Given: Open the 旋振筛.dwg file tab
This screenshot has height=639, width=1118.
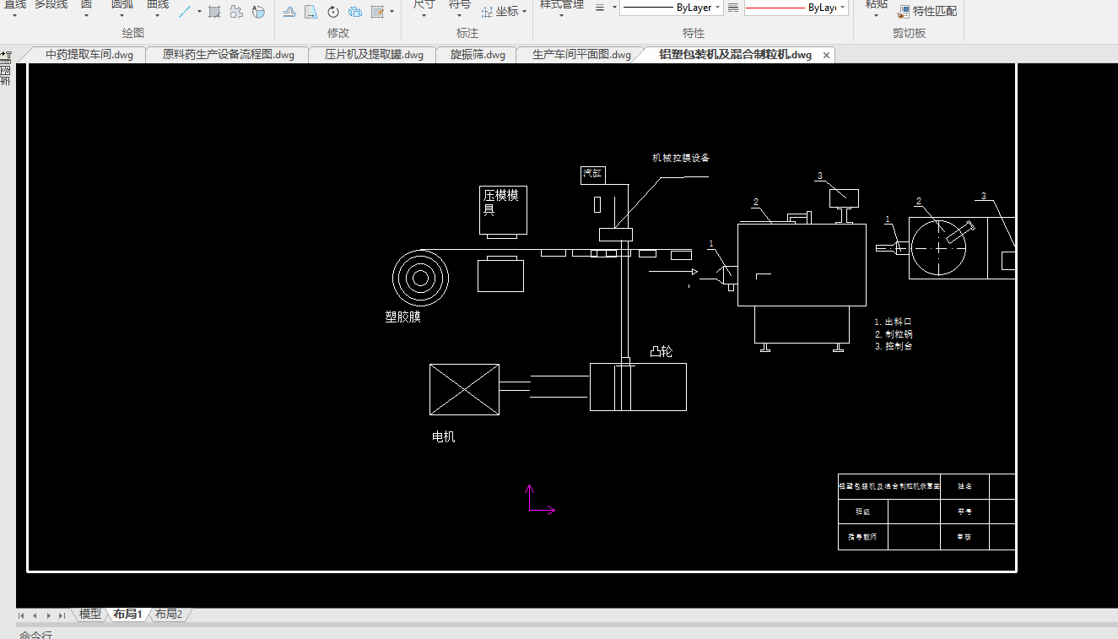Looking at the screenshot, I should coord(478,55).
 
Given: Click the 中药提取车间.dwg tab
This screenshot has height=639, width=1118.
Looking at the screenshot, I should coord(89,55).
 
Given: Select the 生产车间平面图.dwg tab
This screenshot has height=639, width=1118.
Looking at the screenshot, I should coord(581,55).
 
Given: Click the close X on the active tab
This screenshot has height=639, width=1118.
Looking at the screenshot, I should coord(827,55).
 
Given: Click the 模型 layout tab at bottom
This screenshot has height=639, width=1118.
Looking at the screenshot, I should coord(89,615).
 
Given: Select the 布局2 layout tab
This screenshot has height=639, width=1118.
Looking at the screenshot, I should coord(168,615).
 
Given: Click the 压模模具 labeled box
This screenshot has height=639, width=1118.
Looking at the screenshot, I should coord(503,209).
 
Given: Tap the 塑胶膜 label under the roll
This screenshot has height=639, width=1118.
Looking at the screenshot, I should coord(402,317).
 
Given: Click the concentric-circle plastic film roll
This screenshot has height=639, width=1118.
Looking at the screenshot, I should coord(420,277).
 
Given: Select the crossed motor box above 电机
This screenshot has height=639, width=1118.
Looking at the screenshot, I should coord(464,389).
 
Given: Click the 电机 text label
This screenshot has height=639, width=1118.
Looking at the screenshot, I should coord(443,437).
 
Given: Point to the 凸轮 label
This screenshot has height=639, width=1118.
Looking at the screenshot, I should coord(661,352).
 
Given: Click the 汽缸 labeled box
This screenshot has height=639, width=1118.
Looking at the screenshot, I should coord(592,175).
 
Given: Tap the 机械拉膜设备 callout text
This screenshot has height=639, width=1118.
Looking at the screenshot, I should coord(680,158).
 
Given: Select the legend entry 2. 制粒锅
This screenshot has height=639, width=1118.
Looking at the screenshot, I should coord(894,334).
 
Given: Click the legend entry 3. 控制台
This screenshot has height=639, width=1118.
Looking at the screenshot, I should coord(894,346).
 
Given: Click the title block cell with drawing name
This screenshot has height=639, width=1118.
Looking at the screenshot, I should coord(888,486).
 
